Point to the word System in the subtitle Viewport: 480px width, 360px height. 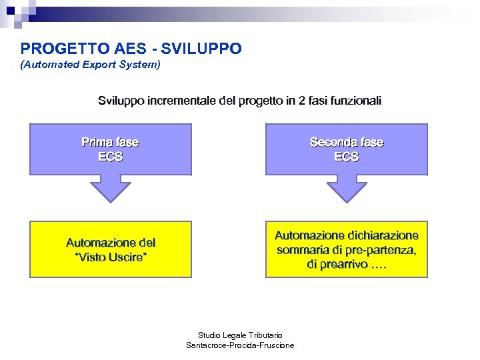[x=138, y=65]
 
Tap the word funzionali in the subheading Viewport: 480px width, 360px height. [x=353, y=101]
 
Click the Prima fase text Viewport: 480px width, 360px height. [x=110, y=142]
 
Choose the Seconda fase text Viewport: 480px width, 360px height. [x=347, y=142]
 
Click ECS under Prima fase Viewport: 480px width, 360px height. [x=110, y=157]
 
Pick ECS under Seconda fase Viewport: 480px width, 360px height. [x=347, y=157]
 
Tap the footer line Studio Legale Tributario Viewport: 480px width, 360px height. [x=240, y=335]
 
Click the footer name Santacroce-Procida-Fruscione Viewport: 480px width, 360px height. [x=240, y=345]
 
